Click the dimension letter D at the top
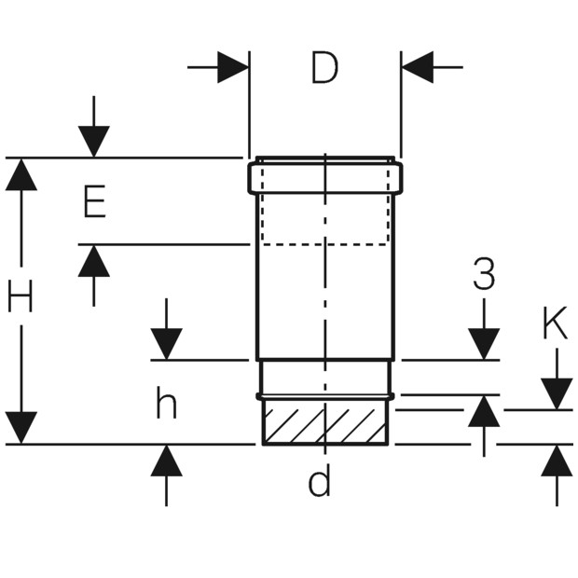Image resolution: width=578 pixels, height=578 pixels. [x=324, y=69]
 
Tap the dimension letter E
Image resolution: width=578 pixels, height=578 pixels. [x=94, y=202]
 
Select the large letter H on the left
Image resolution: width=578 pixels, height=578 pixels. [x=21, y=297]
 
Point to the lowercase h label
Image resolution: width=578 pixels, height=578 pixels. [x=166, y=404]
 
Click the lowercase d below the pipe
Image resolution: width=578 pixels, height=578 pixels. [x=320, y=482]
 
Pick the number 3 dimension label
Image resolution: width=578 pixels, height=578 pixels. [x=484, y=275]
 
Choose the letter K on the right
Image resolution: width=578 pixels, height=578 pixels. [x=555, y=324]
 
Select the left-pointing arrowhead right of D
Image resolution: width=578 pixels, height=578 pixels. [x=418, y=67]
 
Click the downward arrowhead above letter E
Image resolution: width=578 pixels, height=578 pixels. [x=93, y=141]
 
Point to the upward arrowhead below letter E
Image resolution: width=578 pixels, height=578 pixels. [x=93, y=261]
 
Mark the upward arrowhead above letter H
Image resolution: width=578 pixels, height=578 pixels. [x=21, y=174]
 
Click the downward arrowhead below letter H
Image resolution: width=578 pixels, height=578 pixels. [x=21, y=427]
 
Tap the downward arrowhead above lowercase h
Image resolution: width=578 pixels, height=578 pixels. [x=166, y=343]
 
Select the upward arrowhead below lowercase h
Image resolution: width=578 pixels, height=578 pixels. [x=166, y=461]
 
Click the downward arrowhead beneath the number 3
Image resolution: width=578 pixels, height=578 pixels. [x=484, y=343]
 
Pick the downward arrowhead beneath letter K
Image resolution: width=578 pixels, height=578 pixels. [x=557, y=392]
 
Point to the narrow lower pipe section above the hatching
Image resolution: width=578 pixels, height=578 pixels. [x=324, y=378]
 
